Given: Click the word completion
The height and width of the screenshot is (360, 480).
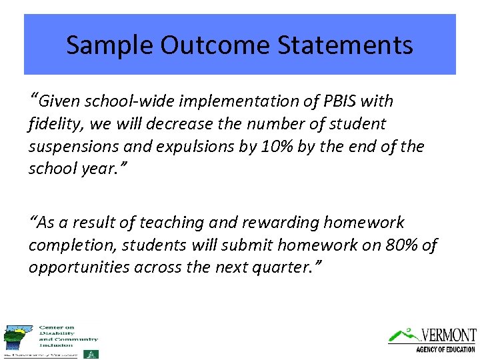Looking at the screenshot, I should (67, 245).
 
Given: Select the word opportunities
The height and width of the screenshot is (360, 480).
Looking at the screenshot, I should (79, 267).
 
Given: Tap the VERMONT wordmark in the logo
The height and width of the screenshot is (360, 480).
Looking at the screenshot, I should (449, 335).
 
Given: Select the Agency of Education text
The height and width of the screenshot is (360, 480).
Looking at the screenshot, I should (445, 349).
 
